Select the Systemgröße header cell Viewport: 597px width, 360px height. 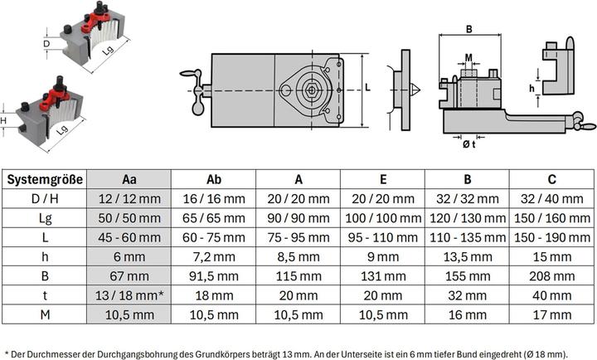[x=46, y=178]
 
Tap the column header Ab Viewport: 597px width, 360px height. [x=213, y=178]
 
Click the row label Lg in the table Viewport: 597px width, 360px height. [x=46, y=217]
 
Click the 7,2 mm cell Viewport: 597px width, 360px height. [x=213, y=256]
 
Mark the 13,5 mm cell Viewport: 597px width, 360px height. [x=466, y=256]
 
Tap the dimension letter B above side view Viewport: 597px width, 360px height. [x=468, y=30]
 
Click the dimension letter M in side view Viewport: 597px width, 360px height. [x=468, y=57]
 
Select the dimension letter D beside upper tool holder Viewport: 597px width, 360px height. [x=46, y=43]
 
